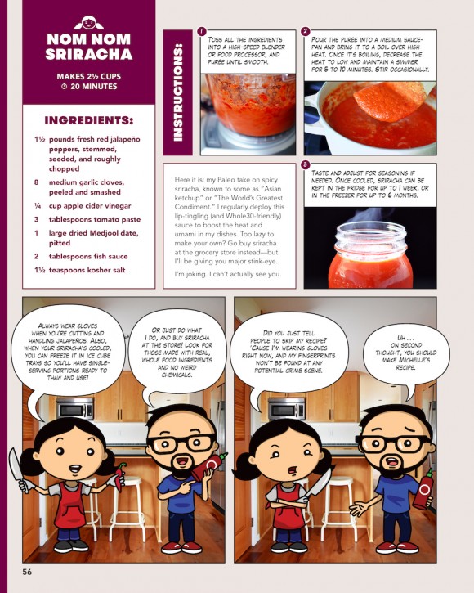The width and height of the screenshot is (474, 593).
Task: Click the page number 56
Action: tap(27, 572)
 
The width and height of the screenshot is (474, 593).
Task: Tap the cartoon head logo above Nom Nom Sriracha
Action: tap(88, 23)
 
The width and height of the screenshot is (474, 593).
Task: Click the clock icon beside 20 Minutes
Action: tap(65, 86)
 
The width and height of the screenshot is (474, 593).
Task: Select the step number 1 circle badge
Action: tap(202, 31)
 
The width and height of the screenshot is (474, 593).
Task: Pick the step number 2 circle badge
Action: tap(306, 31)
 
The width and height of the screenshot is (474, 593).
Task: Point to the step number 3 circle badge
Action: tap(306, 164)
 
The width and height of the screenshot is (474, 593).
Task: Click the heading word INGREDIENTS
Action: tap(88, 120)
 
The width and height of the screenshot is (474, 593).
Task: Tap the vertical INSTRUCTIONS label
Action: tap(177, 92)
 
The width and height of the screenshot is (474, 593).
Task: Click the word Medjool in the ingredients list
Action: tap(105, 233)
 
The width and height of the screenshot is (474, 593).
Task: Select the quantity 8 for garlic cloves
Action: tap(36, 182)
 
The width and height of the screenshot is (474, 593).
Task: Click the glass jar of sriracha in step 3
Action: tap(370, 255)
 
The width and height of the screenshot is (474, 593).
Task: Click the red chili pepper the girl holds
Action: tap(121, 477)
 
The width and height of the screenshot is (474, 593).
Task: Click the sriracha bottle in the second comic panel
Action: tap(423, 490)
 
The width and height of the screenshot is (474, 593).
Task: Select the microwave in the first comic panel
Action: tap(75, 408)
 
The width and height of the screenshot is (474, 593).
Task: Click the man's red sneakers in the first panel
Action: tap(181, 547)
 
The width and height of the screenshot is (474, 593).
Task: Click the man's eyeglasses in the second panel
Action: tap(393, 443)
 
